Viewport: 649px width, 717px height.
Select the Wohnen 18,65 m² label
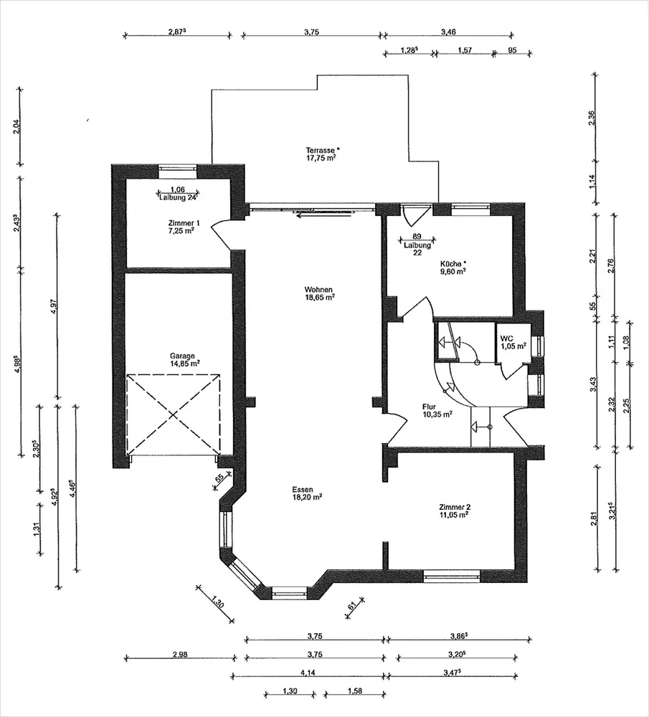point(319,293)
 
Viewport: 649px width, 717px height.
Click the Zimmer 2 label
point(454,511)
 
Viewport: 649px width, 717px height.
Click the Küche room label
point(453,267)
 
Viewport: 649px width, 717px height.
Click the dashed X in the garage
point(174,414)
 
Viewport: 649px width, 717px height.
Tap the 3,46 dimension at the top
point(448,32)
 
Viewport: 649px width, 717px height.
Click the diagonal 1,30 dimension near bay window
point(218,600)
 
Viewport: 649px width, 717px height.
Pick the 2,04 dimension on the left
point(17,126)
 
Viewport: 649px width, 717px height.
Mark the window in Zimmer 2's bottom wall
point(451,576)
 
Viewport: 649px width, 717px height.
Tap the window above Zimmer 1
point(177,171)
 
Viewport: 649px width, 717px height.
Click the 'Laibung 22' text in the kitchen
point(417,249)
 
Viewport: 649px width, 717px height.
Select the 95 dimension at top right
point(512,50)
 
